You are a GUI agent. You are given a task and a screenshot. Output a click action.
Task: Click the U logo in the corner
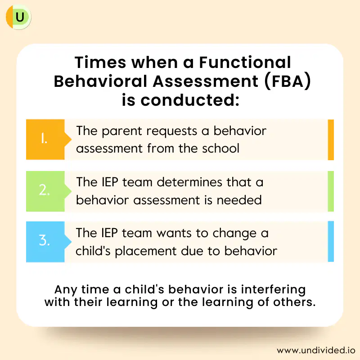pyautogui.click(x=18, y=17)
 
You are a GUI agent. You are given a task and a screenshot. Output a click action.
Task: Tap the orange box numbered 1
pyautogui.click(x=45, y=139)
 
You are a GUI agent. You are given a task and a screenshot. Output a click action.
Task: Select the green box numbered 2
pyautogui.click(x=45, y=191)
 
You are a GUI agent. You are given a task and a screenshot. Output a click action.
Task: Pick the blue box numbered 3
pyautogui.click(x=45, y=242)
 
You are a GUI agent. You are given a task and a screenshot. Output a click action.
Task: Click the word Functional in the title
pyautogui.click(x=245, y=62)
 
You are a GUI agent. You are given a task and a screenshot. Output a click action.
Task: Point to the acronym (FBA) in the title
pyautogui.click(x=288, y=81)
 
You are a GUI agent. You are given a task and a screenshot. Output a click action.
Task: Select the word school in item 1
pyautogui.click(x=220, y=148)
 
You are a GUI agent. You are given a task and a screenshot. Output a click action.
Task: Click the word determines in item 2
pyautogui.click(x=189, y=182)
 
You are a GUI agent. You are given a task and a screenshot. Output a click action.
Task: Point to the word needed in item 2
pyautogui.click(x=239, y=200)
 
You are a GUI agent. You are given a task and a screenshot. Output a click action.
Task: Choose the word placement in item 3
pyautogui.click(x=145, y=251)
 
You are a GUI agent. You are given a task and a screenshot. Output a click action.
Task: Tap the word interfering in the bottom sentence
pyautogui.click(x=273, y=289)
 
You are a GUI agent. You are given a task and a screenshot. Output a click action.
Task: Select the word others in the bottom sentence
pyautogui.click(x=294, y=302)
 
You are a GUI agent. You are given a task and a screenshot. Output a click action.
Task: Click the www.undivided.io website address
pyautogui.click(x=316, y=351)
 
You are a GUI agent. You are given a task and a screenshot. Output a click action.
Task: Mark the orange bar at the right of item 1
pyautogui.click(x=331, y=139)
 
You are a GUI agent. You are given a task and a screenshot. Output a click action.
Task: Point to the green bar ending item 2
pyautogui.click(x=331, y=191)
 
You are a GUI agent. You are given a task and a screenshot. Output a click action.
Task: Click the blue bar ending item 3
pyautogui.click(x=331, y=241)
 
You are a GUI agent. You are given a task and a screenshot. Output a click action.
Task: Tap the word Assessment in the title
pyautogui.click(x=206, y=81)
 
